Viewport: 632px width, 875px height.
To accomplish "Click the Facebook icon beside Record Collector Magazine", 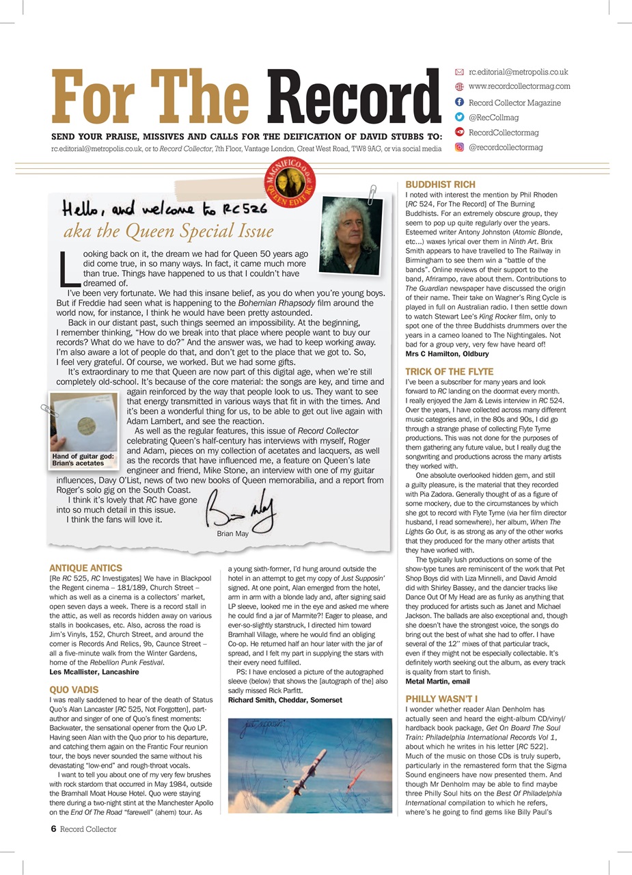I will (459, 103).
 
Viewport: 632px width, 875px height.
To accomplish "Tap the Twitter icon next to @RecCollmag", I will (459, 118).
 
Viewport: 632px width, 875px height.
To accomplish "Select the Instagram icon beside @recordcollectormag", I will (459, 147).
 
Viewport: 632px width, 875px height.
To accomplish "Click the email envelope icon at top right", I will (459, 72).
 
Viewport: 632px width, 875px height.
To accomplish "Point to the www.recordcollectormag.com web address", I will (519, 87).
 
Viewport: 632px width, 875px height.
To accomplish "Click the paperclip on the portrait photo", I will (372, 193).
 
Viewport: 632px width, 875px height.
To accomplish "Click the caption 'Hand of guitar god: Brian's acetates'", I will (82, 459).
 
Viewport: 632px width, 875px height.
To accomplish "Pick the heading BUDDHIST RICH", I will (440, 185).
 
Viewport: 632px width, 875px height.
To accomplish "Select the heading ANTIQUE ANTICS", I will (86, 568).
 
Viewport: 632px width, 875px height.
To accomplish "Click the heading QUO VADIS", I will (74, 690).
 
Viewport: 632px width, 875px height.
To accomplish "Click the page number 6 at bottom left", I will (53, 829).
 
